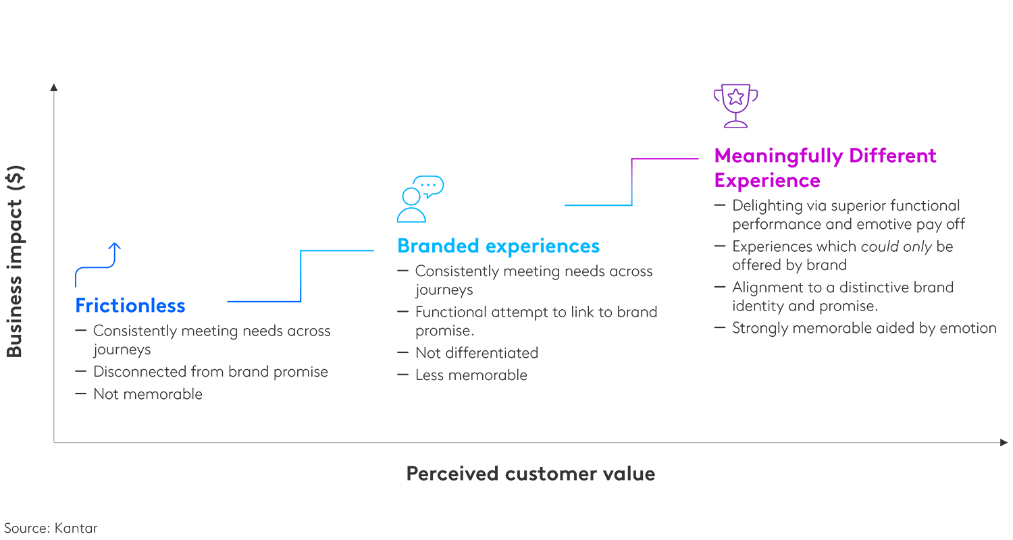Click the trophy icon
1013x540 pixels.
(x=735, y=105)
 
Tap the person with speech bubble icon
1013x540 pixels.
(x=419, y=199)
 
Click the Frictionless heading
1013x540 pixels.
(x=130, y=306)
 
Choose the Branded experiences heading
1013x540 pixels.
(x=498, y=246)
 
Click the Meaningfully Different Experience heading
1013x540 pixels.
(x=825, y=168)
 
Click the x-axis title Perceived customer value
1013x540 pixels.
(x=530, y=474)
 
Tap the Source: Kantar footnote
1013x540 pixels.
(x=51, y=528)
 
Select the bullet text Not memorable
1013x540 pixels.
(x=147, y=394)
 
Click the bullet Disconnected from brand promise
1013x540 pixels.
(x=210, y=372)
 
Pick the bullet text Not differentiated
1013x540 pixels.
(x=476, y=353)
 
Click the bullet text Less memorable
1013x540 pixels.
(x=471, y=375)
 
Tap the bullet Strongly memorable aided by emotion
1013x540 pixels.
(x=864, y=328)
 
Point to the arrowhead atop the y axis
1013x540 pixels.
(x=54, y=86)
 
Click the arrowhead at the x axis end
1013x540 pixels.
(x=1004, y=442)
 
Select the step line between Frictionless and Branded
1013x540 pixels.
(x=301, y=276)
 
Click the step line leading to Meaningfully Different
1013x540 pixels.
(x=631, y=182)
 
